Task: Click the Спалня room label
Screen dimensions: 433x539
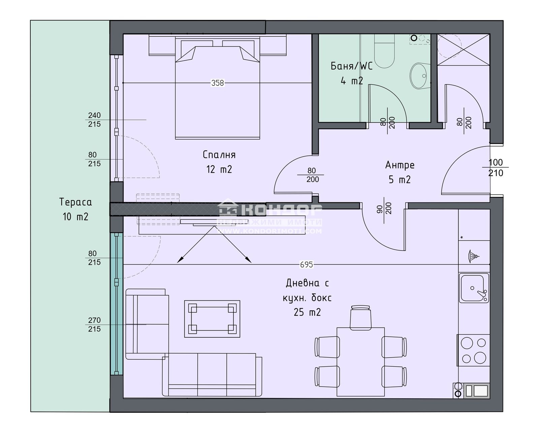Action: click(x=219, y=155)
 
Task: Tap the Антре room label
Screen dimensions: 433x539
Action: click(x=400, y=165)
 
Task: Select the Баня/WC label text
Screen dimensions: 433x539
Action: click(x=351, y=66)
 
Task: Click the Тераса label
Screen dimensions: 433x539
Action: click(x=75, y=202)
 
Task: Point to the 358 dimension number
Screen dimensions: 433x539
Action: click(x=217, y=83)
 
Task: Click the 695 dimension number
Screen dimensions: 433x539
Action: click(x=306, y=265)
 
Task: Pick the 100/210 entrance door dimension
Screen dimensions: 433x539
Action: click(x=496, y=167)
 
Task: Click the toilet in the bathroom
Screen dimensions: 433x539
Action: click(x=384, y=54)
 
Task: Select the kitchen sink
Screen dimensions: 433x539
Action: click(x=474, y=288)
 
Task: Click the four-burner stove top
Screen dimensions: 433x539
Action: click(x=474, y=350)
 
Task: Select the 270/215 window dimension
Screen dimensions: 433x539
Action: click(x=94, y=325)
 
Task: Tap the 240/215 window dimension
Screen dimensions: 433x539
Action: click(x=94, y=120)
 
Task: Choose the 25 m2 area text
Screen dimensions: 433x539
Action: click(x=307, y=312)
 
